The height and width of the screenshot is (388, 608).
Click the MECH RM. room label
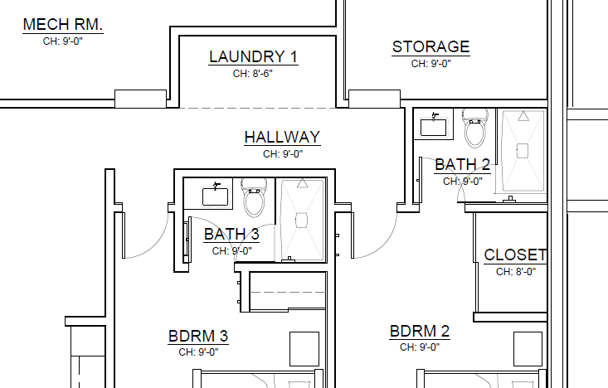(x=63, y=24)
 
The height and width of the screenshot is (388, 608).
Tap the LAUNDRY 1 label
(x=253, y=56)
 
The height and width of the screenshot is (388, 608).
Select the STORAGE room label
(x=430, y=47)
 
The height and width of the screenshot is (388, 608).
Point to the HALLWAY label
(x=282, y=138)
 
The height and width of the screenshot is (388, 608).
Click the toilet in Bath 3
(x=254, y=197)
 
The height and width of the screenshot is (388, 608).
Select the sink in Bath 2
(x=434, y=126)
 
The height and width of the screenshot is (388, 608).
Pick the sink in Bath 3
(x=215, y=196)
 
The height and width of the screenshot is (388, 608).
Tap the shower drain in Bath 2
(x=523, y=151)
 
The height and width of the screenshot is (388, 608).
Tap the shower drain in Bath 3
(x=301, y=221)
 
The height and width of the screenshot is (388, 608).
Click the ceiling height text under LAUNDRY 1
(x=253, y=73)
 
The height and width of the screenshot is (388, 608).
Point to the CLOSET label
(x=515, y=255)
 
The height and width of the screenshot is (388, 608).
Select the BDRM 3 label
(x=198, y=336)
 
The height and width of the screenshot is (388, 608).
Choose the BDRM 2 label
(x=420, y=332)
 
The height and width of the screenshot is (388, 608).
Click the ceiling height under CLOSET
(x=516, y=271)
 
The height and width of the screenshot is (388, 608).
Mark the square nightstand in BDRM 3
(x=304, y=349)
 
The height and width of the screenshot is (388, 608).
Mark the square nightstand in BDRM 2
(x=528, y=349)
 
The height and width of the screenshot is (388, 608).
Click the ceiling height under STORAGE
(x=430, y=63)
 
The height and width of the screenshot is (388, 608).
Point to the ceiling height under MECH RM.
(x=63, y=41)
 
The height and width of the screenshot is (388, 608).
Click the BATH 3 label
(x=231, y=235)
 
